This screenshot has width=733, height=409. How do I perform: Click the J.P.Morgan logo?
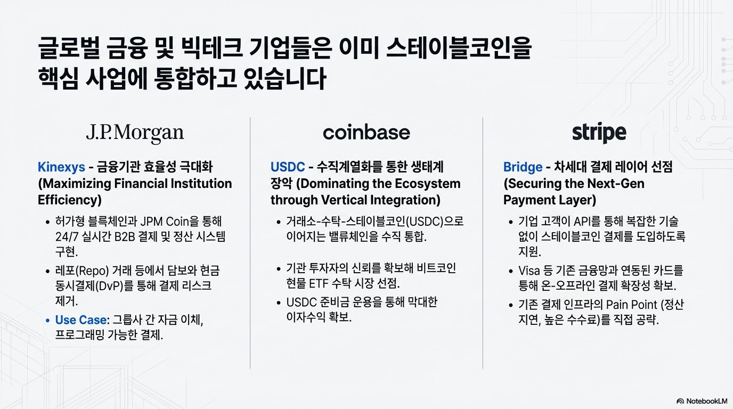(135, 133)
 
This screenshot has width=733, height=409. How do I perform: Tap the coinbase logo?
(366, 133)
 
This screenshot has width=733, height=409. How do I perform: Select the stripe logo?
(599, 133)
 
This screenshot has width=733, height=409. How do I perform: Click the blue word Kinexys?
(61, 167)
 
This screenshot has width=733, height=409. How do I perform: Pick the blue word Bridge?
(523, 167)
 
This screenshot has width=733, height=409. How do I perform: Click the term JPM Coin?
(174, 221)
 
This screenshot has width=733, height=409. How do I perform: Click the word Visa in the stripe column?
(530, 271)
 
